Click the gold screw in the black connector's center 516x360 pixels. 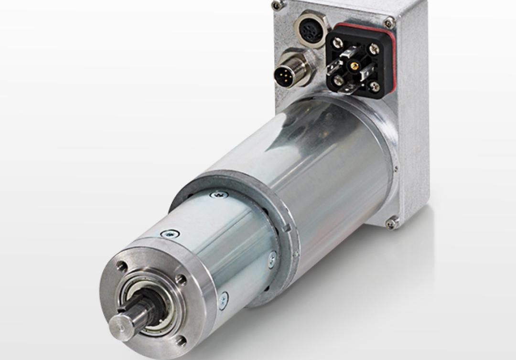(x=354, y=65)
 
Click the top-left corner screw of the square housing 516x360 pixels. (x=277, y=6)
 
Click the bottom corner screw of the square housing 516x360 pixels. (x=391, y=222)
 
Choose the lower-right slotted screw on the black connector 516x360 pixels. (x=374, y=86)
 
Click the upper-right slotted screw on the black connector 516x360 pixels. (x=375, y=49)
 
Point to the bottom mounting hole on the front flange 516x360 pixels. (x=181, y=340)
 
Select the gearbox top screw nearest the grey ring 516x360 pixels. (x=218, y=195)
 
